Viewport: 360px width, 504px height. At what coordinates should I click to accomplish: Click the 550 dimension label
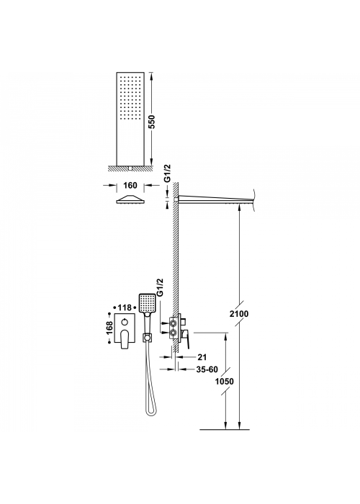point(153,122)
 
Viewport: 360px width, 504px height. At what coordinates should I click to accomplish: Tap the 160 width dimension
point(130,186)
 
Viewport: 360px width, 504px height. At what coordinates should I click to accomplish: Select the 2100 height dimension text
point(239,313)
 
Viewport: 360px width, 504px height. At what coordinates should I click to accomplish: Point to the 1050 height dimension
point(225,381)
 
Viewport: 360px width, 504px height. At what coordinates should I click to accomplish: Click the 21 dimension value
point(202,357)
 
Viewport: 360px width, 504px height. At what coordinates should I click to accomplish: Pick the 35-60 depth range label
point(207,369)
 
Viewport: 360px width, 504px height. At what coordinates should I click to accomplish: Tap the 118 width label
point(124,307)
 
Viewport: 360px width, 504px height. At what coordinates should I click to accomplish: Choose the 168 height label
point(109,328)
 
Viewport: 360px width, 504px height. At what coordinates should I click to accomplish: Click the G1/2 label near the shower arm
point(168,174)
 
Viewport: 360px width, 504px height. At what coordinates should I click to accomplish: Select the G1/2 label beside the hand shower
point(161,287)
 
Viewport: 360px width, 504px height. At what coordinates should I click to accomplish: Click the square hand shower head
point(147,303)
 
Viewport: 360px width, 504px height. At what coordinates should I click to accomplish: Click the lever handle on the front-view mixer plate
point(125,339)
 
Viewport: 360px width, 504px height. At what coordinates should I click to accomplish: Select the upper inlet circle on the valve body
point(173,323)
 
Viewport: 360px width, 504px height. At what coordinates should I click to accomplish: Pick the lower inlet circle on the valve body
point(173,333)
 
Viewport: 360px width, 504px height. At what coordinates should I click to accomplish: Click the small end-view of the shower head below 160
point(132,199)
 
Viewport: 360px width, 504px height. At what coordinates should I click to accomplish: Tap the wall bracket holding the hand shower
point(147,337)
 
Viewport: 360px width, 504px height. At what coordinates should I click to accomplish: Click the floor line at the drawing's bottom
point(225,429)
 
